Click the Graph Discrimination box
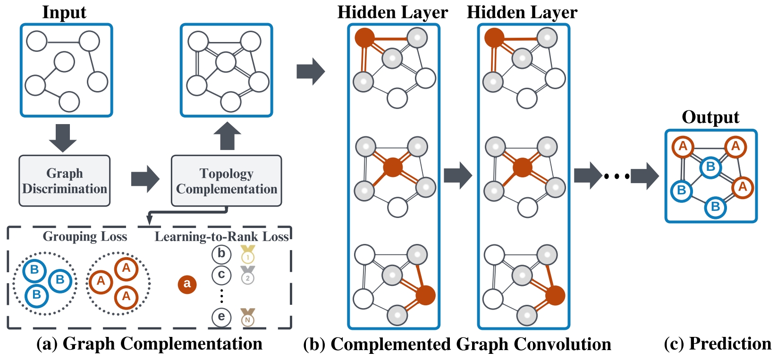point(65,181)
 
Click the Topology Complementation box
point(226,181)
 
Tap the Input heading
point(64,12)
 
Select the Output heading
point(710,117)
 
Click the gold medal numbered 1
point(248,254)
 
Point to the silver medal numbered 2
point(247,276)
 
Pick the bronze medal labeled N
point(247,318)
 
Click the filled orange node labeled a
point(187,284)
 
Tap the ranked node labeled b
point(221,254)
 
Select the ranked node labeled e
point(221,317)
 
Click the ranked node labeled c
point(221,275)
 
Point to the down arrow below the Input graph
point(62,137)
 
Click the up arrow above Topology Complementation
point(227,136)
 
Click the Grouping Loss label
point(85,236)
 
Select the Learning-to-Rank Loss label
point(221,236)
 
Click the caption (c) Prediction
point(718,344)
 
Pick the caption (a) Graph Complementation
point(149,344)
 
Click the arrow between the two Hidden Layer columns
point(457,176)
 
